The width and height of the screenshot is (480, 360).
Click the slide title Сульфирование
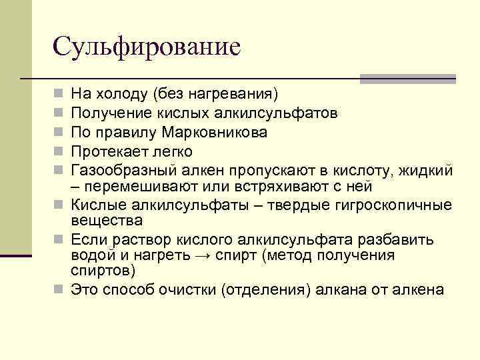point(146,47)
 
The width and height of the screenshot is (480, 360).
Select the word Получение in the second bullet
point(105,113)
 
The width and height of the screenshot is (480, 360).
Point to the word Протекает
point(105,151)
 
